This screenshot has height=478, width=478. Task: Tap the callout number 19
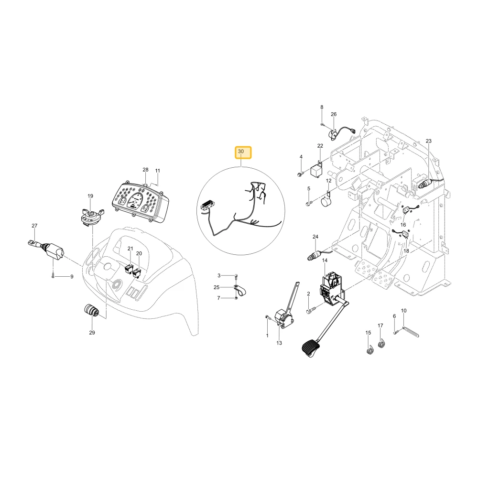(90, 196)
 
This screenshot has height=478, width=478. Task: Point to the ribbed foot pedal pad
(312, 348)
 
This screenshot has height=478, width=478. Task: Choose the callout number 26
(334, 114)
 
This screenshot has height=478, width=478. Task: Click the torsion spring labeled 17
(381, 343)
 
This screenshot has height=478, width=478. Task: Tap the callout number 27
(34, 226)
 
